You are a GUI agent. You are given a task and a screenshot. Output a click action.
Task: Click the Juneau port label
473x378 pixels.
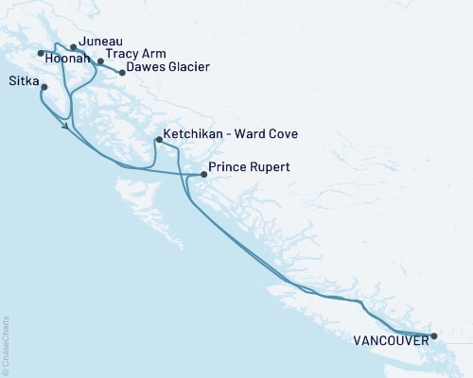100,42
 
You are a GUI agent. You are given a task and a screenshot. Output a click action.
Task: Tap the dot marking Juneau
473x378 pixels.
73,45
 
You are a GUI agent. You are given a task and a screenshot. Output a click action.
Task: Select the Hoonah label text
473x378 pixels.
68,59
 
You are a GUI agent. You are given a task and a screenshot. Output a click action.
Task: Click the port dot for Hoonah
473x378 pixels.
41,53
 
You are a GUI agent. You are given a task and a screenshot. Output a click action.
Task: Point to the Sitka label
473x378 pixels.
24,81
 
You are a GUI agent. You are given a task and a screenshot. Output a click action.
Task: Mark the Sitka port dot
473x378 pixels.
44,88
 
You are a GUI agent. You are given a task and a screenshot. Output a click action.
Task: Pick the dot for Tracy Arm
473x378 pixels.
100,61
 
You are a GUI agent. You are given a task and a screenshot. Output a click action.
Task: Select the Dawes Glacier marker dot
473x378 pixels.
121,72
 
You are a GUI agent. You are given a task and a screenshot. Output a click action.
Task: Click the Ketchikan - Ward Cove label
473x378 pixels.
231,135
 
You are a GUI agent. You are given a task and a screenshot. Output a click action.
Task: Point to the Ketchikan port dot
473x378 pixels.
158,140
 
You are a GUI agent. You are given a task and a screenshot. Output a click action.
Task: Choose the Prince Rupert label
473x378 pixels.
248,168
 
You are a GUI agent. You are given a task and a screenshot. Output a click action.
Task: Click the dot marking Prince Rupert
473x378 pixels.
203,174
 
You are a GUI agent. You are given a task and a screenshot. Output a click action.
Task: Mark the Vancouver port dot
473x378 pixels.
434,335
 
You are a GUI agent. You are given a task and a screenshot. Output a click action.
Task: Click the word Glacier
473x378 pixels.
186,67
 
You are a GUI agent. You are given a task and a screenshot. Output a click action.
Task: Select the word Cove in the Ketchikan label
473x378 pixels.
282,135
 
